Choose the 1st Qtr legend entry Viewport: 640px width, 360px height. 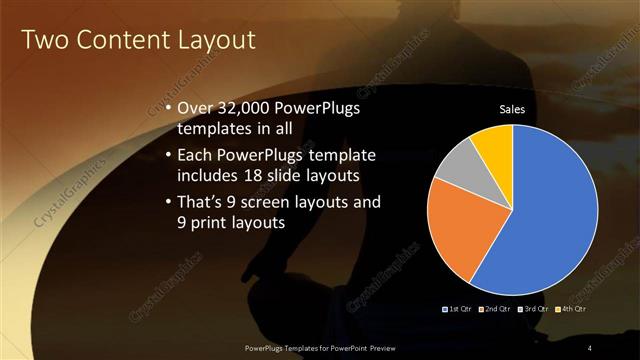click(459, 309)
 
